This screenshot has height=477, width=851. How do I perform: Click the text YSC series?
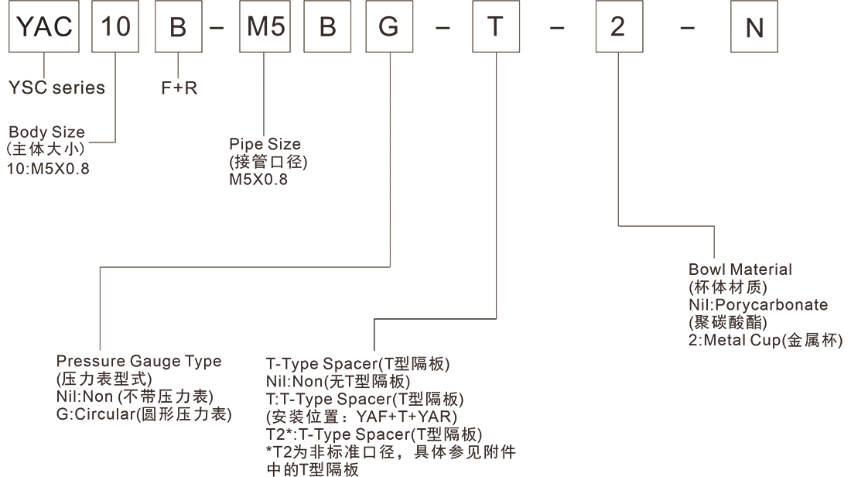coord(56,88)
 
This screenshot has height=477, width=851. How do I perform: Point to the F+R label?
coord(179,88)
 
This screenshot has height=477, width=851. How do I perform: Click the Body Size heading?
coord(46,132)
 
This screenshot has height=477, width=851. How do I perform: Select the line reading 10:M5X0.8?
coord(48,168)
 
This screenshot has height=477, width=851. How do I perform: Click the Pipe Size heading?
coord(265,145)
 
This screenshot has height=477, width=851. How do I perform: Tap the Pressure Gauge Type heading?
coord(138,361)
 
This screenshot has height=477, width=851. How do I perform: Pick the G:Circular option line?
coord(144,414)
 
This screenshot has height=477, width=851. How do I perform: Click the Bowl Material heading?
coord(740,269)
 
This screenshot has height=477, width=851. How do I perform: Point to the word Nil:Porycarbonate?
coord(757,304)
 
